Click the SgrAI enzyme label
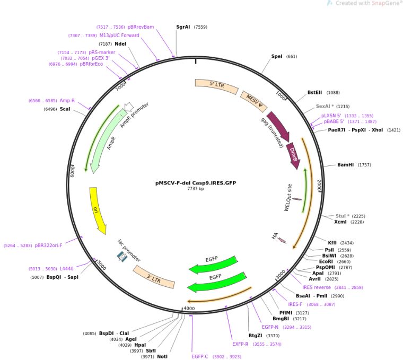coord(183,27)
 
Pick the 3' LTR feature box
coord(154,276)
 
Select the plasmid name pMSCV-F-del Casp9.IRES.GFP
coord(196,182)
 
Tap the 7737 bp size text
coord(196,189)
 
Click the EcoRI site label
coord(326,261)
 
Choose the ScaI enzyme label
coord(65,109)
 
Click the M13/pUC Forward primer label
coord(119,36)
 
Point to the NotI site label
coord(162,356)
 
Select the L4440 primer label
coord(67,269)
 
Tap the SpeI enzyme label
coord(277,56)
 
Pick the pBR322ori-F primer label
coord(48,245)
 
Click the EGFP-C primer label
coord(200,356)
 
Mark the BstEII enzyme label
coord(315,92)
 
